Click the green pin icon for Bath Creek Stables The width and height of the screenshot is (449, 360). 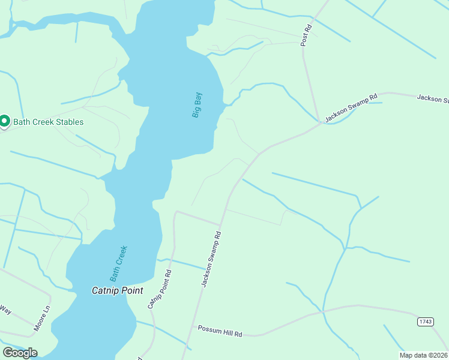4,121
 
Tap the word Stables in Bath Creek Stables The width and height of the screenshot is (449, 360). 68,122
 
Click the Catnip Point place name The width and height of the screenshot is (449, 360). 117,290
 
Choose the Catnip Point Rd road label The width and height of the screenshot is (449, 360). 160,289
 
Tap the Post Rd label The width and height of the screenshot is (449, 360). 307,35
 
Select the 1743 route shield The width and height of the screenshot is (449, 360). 425,322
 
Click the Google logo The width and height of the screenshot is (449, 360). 19,353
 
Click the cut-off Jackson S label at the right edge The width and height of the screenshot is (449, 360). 433,98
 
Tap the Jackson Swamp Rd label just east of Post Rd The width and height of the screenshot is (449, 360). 351,107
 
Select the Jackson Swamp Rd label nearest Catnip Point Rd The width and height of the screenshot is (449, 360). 211,259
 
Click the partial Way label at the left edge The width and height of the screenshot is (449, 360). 5,310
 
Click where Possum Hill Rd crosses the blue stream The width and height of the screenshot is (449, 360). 323,312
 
